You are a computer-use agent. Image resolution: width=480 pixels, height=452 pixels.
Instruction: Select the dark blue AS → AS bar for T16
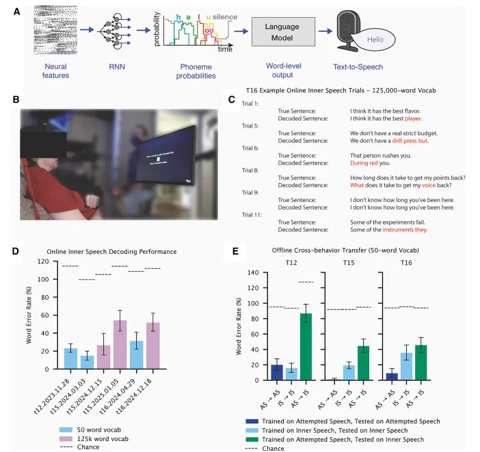[392, 376]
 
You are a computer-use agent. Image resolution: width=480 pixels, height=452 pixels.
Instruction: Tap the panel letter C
[232, 100]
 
